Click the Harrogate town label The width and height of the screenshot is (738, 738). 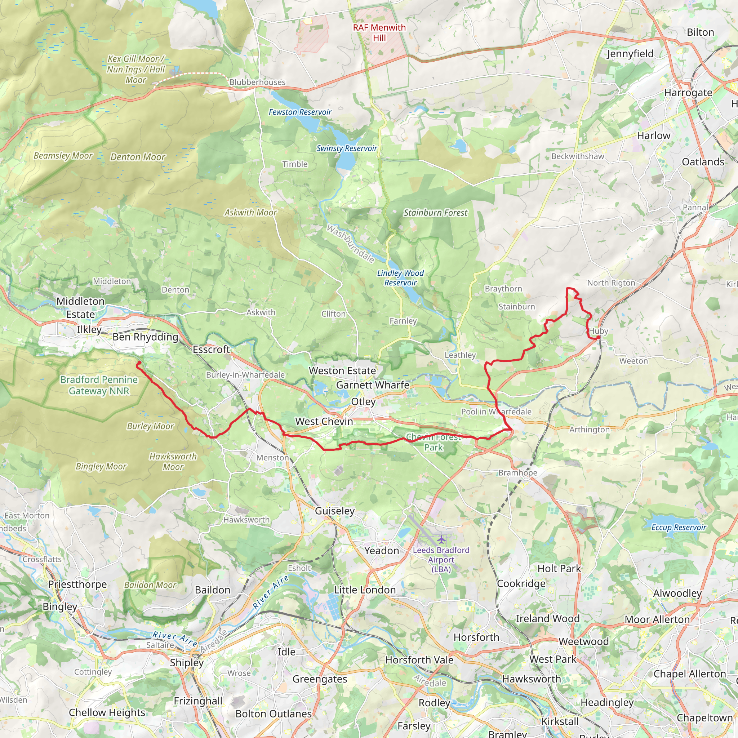[688, 93]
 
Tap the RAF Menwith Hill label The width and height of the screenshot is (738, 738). [379, 33]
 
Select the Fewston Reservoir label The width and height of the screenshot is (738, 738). [300, 112]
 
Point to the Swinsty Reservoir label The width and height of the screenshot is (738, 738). [346, 148]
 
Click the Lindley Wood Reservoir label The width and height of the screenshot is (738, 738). [400, 278]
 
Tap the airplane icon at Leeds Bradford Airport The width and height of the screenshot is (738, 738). [441, 539]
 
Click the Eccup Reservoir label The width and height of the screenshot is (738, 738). [679, 527]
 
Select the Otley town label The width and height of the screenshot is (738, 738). [363, 401]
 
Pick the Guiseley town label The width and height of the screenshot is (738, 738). [335, 511]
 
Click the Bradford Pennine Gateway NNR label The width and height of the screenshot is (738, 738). [99, 385]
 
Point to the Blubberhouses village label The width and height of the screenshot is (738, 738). [257, 82]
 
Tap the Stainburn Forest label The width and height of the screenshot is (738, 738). [435, 213]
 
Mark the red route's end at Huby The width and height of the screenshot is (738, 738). [599, 337]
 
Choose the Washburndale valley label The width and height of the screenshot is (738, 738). [350, 243]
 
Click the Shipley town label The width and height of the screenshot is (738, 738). [186, 662]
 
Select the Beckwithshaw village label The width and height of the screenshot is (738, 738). [577, 156]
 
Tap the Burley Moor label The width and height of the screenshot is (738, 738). [150, 426]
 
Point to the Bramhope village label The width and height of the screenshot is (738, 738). [517, 472]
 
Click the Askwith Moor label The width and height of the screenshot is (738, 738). [250, 212]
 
